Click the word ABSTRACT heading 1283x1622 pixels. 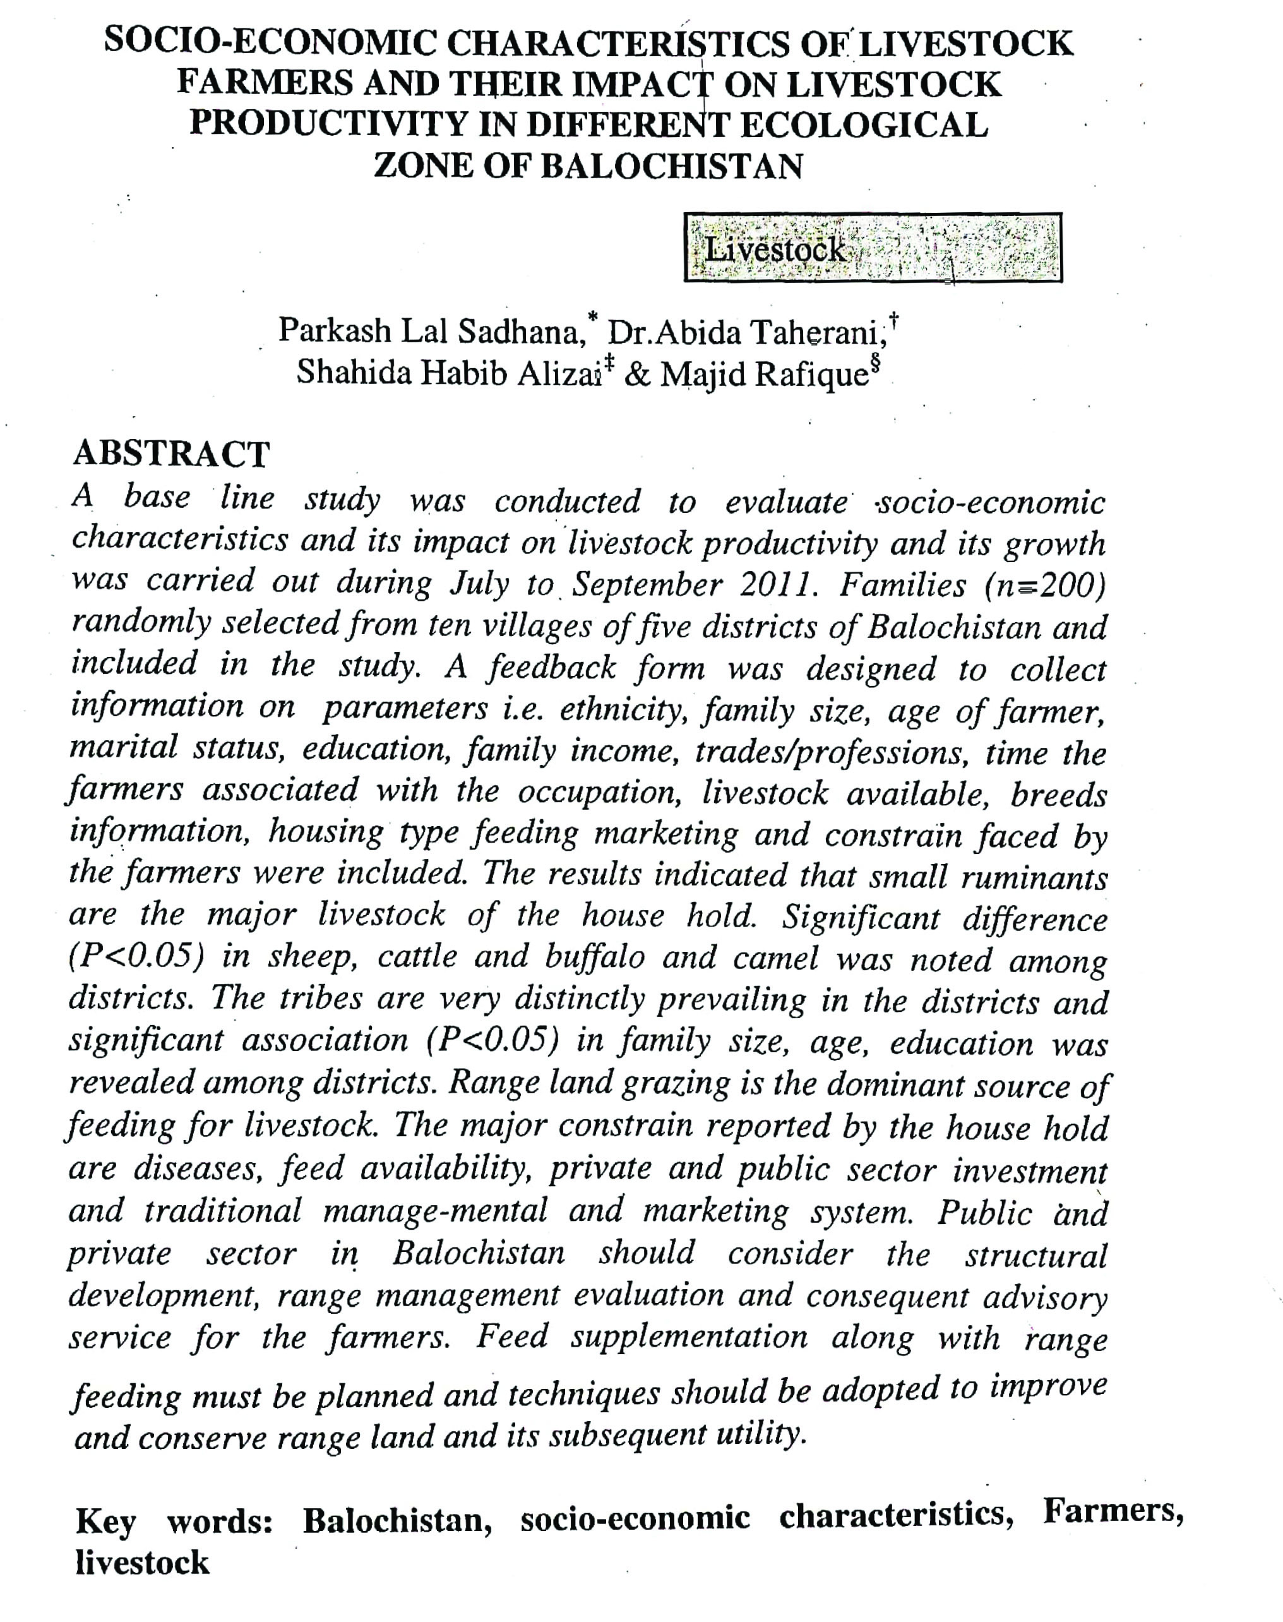pyautogui.click(x=170, y=454)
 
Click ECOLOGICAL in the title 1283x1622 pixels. pyautogui.click(x=864, y=124)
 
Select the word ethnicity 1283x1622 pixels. pyautogui.click(x=623, y=709)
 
